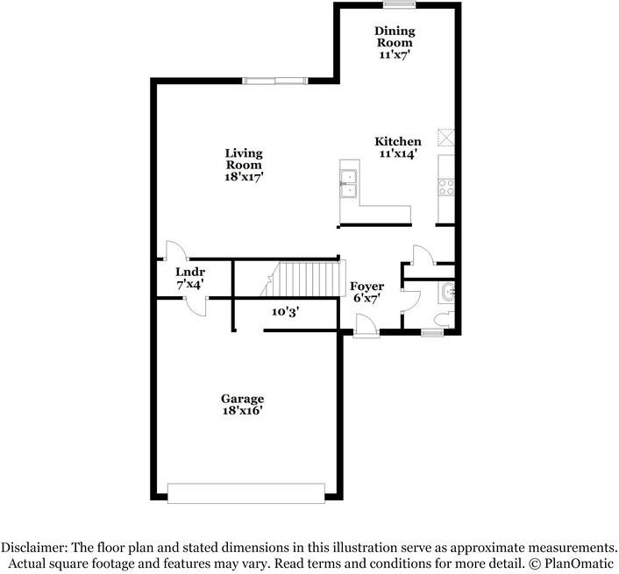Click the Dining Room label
tap(394, 36)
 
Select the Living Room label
tap(244, 159)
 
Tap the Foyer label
tap(366, 287)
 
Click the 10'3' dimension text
tap(286, 310)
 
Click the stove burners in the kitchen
tap(446, 186)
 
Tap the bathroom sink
tap(448, 294)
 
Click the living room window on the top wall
tap(274, 81)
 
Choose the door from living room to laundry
tap(173, 252)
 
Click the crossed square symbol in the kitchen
tap(446, 138)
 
